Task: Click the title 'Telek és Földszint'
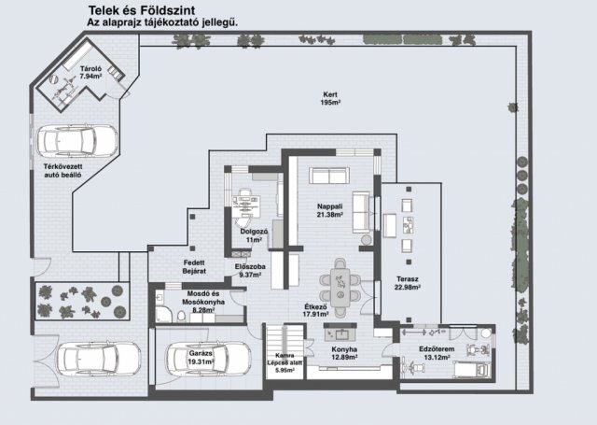pos(141,10)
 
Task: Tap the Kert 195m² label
pos(330,98)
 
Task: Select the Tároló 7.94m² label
pos(90,73)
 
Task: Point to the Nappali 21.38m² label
pos(330,210)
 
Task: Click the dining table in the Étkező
pos(340,287)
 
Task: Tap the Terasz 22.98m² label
pos(408,283)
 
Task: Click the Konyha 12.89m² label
pos(344,353)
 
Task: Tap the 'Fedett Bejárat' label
pos(194,267)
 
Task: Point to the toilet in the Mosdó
pos(181,316)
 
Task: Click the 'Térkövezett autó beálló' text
pos(62,171)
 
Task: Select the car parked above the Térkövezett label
pos(76,141)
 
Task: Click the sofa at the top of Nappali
pos(329,176)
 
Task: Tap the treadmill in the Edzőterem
pos(471,369)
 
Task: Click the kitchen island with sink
pos(340,333)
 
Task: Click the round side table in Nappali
pos(367,240)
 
